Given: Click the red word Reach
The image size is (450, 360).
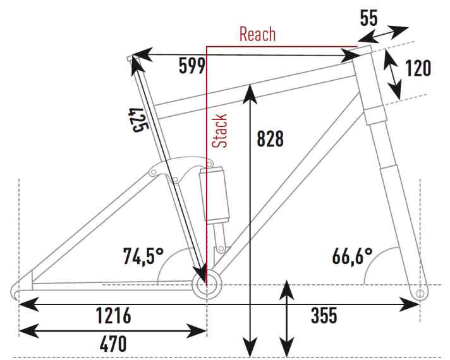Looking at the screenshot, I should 257,34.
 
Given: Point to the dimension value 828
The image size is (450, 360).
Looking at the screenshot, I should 271,139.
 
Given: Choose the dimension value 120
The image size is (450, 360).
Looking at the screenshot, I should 418,68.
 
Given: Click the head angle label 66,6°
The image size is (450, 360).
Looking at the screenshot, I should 352,256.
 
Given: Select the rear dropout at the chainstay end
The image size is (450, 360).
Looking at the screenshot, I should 18,291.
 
